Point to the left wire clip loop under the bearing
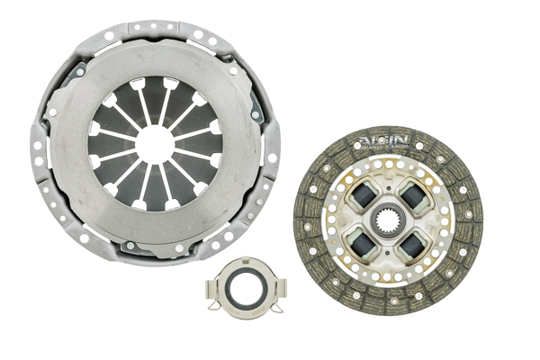pyautogui.click(x=222, y=316)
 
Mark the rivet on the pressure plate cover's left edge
pyautogui.click(x=51, y=112)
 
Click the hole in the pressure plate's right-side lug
pyautogui.click(x=270, y=157)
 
